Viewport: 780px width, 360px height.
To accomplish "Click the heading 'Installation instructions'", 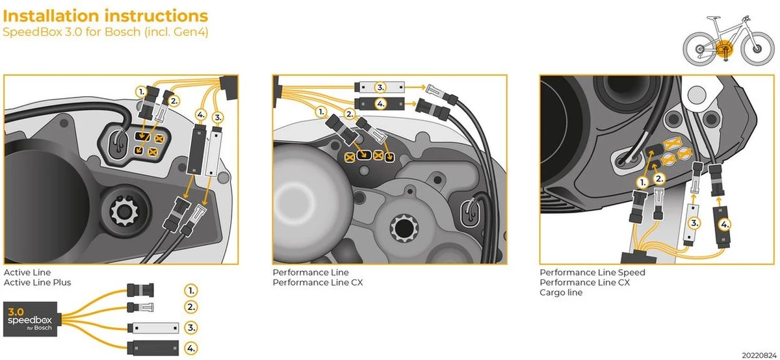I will tap(106, 16).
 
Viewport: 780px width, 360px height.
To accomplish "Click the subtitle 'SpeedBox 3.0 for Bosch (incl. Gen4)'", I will tap(105, 32).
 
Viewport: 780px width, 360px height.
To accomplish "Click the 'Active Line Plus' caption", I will tap(37, 283).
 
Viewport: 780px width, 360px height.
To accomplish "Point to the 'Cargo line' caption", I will tap(561, 292).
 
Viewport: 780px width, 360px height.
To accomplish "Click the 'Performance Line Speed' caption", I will tap(592, 272).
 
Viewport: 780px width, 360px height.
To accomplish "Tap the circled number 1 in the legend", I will tap(190, 290).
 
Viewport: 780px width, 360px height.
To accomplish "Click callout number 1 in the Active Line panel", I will tap(141, 92).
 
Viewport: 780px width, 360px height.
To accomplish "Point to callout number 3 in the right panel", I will tap(695, 222).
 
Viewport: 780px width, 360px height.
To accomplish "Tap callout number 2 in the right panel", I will tap(658, 178).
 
